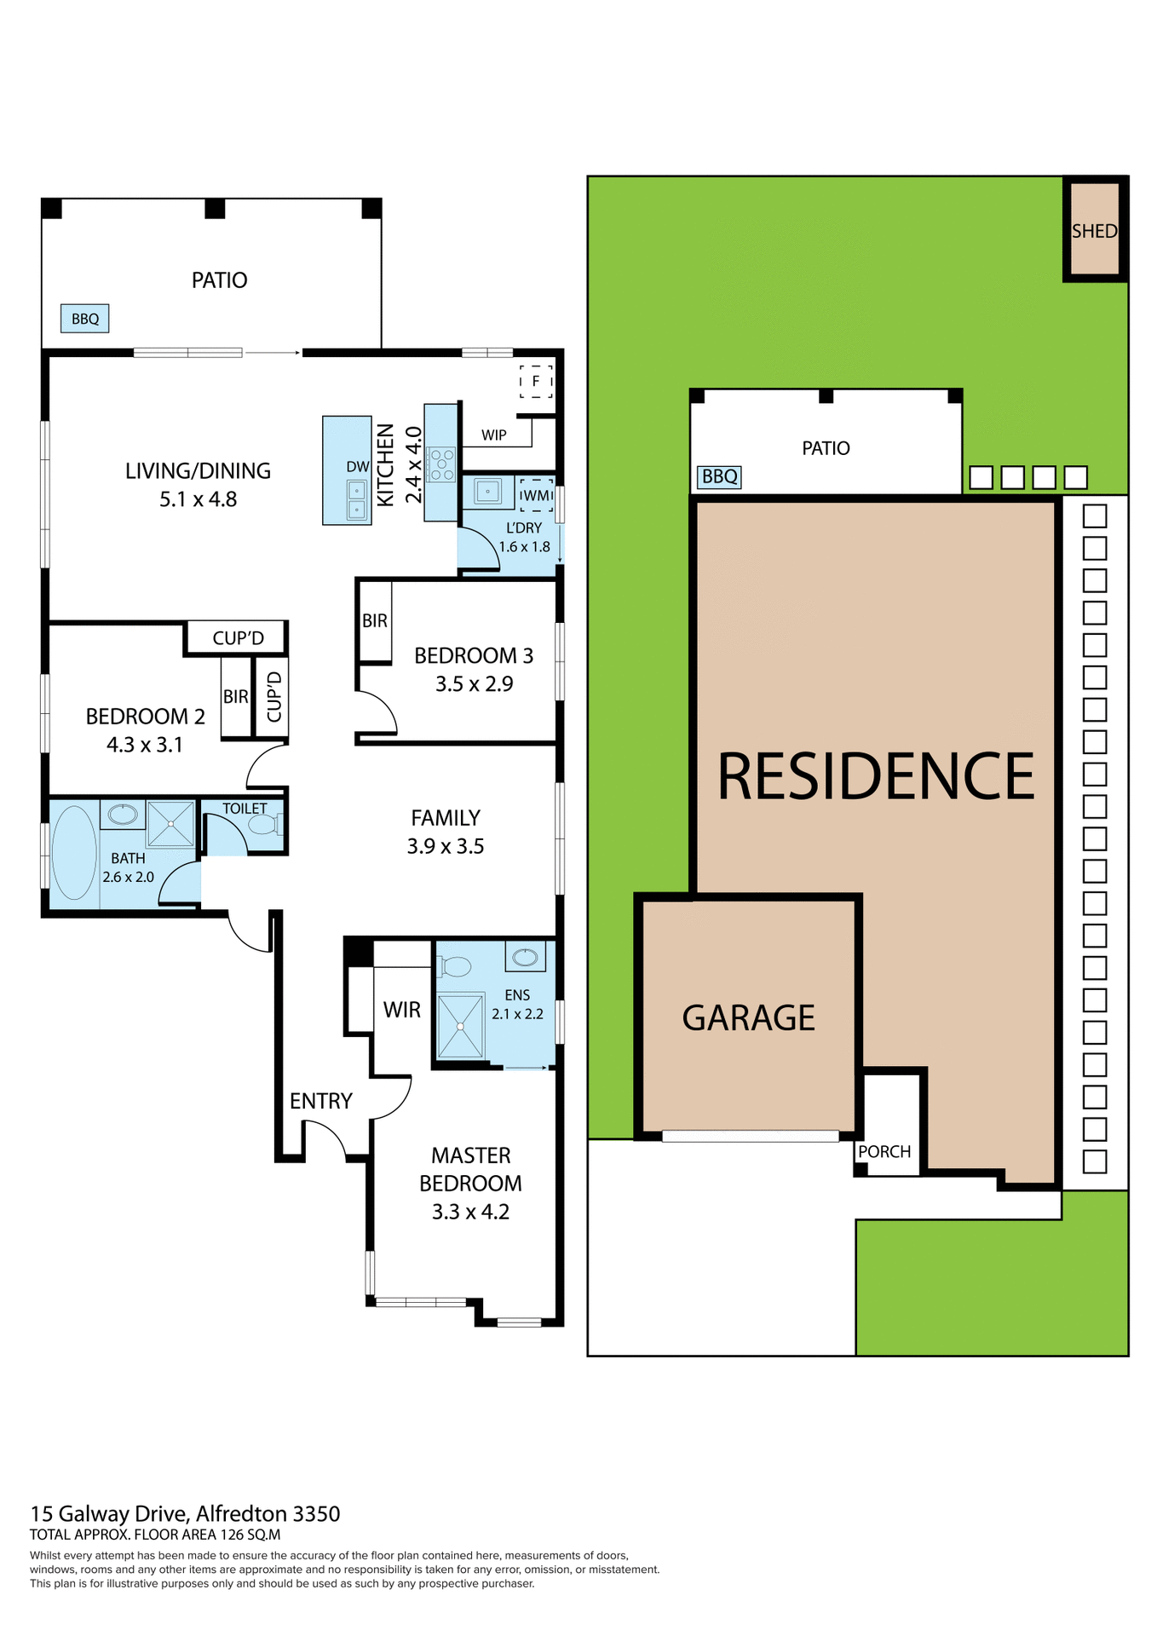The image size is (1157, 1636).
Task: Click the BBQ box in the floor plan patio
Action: pyautogui.click(x=84, y=319)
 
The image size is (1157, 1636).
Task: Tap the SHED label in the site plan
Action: pyautogui.click(x=1094, y=231)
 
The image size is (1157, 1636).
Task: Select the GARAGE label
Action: pyautogui.click(x=748, y=1017)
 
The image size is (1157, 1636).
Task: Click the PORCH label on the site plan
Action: pyautogui.click(x=884, y=1151)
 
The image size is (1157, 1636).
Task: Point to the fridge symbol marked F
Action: pyautogui.click(x=536, y=381)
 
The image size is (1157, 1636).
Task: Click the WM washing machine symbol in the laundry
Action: pyautogui.click(x=536, y=495)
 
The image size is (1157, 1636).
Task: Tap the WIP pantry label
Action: pyautogui.click(x=494, y=435)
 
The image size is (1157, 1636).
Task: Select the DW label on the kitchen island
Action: pyautogui.click(x=358, y=466)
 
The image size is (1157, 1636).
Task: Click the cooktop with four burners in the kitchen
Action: pyautogui.click(x=441, y=464)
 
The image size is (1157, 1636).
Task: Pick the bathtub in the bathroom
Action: pyautogui.click(x=74, y=853)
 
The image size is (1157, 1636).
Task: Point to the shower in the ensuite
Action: pyautogui.click(x=460, y=1026)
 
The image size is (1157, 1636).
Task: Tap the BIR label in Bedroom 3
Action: pyautogui.click(x=375, y=620)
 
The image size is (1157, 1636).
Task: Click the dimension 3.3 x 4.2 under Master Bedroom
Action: pyautogui.click(x=470, y=1212)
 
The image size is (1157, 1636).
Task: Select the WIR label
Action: pyautogui.click(x=401, y=1010)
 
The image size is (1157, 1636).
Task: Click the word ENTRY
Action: pyautogui.click(x=320, y=1101)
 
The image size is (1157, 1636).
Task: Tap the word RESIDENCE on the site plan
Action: pyautogui.click(x=876, y=776)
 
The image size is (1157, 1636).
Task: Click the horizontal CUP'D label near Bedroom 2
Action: pyautogui.click(x=238, y=637)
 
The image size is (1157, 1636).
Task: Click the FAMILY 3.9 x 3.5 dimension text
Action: pyautogui.click(x=445, y=846)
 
